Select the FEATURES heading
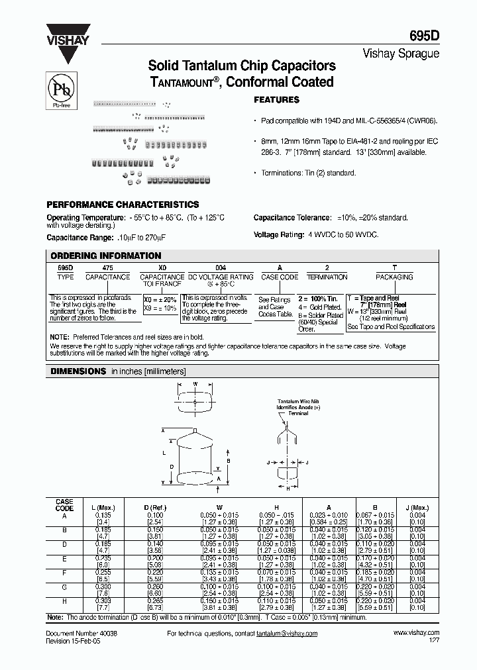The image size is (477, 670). pyautogui.click(x=277, y=100)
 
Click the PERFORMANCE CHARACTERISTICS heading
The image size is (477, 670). pyautogui.click(x=123, y=205)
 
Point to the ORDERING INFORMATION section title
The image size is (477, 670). pyautogui.click(x=106, y=256)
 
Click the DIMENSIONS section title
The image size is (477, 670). pyautogui.click(x=79, y=372)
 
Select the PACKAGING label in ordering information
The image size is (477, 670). pyautogui.click(x=394, y=277)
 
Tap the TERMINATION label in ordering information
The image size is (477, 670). pyautogui.click(x=327, y=277)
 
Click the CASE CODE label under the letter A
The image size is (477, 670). pyautogui.click(x=280, y=277)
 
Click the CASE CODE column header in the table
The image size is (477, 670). pyautogui.click(x=64, y=504)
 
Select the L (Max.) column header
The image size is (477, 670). pyautogui.click(x=103, y=508)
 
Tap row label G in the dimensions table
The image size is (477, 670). pyautogui.click(x=64, y=587)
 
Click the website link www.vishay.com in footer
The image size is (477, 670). pyautogui.click(x=419, y=634)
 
